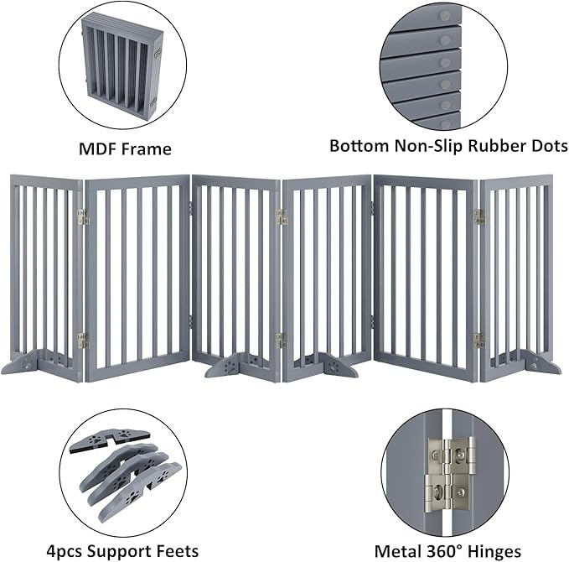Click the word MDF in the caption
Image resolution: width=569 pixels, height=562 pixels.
[98, 149]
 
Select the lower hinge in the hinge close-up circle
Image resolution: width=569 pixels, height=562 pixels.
[450, 490]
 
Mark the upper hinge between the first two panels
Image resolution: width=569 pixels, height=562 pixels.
[82, 216]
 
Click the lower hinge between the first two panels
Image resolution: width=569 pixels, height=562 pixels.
[82, 340]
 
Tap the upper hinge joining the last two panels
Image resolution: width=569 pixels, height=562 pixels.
[478, 216]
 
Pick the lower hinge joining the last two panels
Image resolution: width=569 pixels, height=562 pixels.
[478, 340]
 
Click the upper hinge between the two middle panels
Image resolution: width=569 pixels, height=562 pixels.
[281, 216]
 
